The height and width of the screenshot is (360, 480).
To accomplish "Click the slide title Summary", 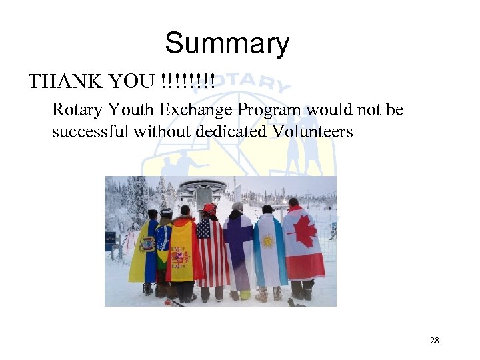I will (227, 44).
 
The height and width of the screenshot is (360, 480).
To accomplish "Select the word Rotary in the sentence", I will (74, 109).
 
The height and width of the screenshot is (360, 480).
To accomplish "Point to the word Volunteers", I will (311, 132).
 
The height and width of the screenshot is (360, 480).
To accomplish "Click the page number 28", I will (434, 341).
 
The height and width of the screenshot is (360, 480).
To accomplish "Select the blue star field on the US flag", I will (203, 231).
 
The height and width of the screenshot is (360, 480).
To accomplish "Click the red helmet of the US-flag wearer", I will (210, 209).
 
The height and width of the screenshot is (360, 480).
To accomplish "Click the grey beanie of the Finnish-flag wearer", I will (237, 207).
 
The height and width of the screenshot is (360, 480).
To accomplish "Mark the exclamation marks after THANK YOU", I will (188, 82).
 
